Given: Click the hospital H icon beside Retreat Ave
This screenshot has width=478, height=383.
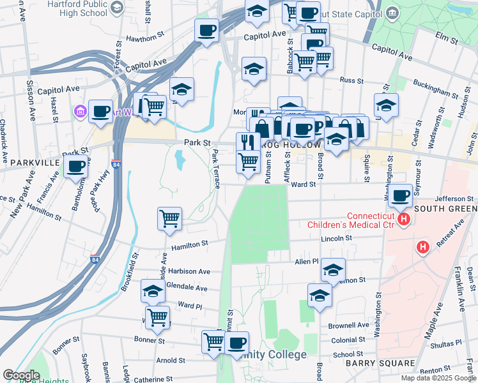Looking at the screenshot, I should (422, 246).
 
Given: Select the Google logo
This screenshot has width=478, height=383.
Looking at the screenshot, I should (20, 375).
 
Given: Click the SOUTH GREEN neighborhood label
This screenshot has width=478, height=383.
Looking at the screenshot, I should (445, 209).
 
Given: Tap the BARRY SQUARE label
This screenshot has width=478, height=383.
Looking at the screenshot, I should (372, 363).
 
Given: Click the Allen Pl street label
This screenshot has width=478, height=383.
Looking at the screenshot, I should (306, 262).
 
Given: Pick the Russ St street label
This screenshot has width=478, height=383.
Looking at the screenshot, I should (351, 81).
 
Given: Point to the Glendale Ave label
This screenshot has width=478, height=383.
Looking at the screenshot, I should (187, 288).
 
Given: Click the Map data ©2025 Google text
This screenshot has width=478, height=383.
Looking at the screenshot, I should (438, 378).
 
